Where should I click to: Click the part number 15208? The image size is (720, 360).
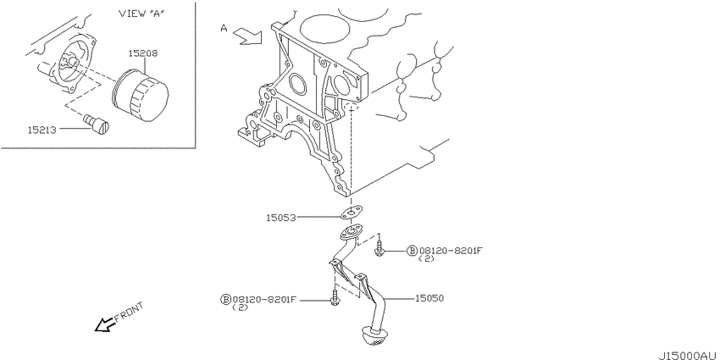pyautogui.click(x=142, y=53)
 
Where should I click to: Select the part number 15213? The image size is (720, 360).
pyautogui.click(x=42, y=130)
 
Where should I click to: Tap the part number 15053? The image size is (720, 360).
pyautogui.click(x=280, y=217)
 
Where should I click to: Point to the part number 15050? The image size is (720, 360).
pyautogui.click(x=429, y=298)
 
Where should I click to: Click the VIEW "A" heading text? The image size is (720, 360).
pyautogui.click(x=142, y=13)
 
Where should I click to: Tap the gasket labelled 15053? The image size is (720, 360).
pyautogui.click(x=352, y=212)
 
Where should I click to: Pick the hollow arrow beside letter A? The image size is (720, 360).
pyautogui.click(x=248, y=36)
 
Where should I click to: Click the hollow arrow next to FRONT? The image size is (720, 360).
pyautogui.click(x=105, y=324)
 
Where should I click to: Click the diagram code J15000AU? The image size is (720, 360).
pyautogui.click(x=688, y=356)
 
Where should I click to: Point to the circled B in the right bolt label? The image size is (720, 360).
pyautogui.click(x=412, y=250)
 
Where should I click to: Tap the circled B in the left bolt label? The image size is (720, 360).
pyautogui.click(x=226, y=300)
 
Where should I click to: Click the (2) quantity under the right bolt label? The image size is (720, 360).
pyautogui.click(x=427, y=259)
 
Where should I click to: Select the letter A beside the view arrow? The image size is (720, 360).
pyautogui.click(x=224, y=29)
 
